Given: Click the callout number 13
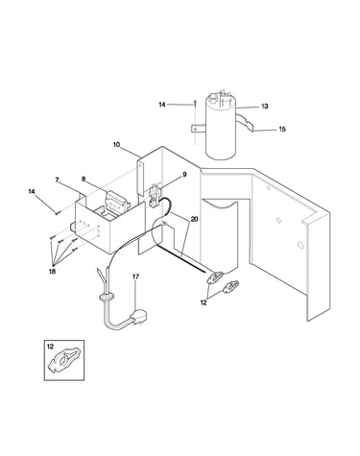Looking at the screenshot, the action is pyautogui.click(x=264, y=107).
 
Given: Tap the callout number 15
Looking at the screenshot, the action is pyautogui.click(x=282, y=130).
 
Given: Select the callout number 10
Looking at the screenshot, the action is pyautogui.click(x=116, y=145).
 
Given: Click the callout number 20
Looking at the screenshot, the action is pyautogui.click(x=194, y=219).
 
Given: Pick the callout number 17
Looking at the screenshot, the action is pyautogui.click(x=136, y=276).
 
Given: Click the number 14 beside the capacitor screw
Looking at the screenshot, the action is pyautogui.click(x=162, y=105).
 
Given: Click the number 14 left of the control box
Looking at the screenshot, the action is pyautogui.click(x=32, y=192).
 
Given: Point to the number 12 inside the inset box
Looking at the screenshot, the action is pyautogui.click(x=50, y=347).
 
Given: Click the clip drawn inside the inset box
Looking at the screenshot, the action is pyautogui.click(x=63, y=359).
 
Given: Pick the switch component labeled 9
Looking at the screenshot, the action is pyautogui.click(x=155, y=194).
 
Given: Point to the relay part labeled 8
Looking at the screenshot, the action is pyautogui.click(x=117, y=201).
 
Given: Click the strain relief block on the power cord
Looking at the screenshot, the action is pyautogui.click(x=107, y=298).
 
